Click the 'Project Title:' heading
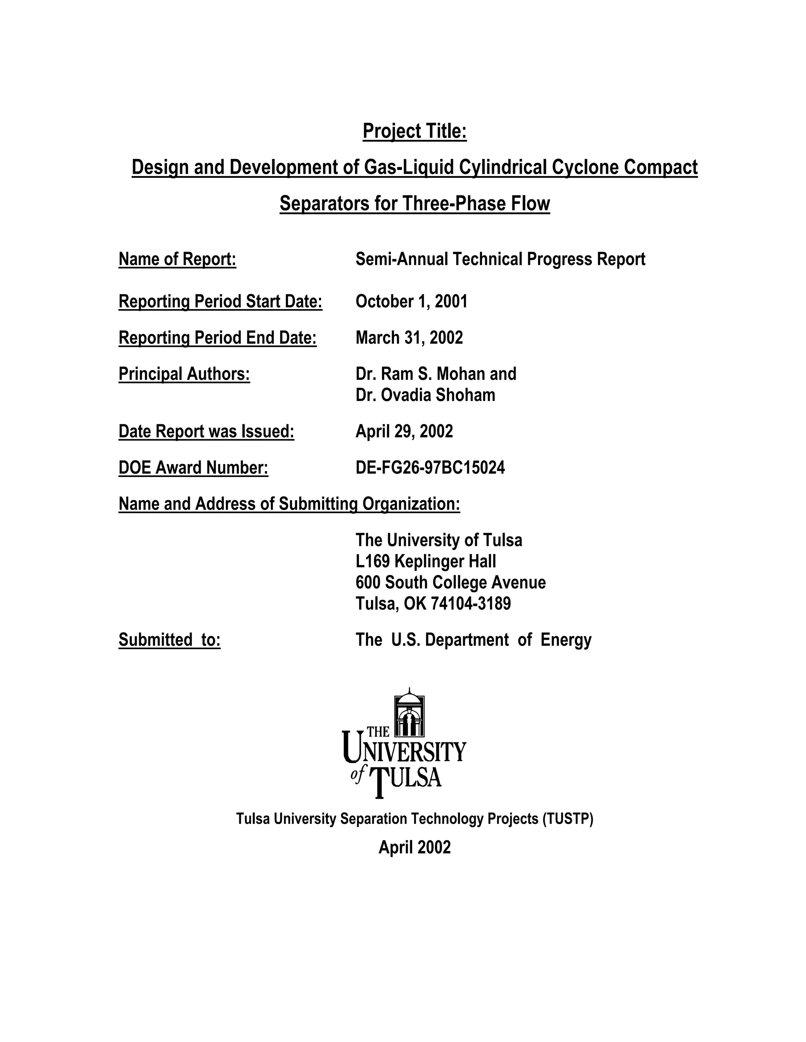tap(414, 131)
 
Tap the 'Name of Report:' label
tap(177, 259)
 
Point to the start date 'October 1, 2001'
tap(411, 302)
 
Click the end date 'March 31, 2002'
tap(409, 338)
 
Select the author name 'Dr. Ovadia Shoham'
tap(425, 395)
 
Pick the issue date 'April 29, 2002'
tap(404, 431)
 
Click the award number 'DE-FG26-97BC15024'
tap(430, 468)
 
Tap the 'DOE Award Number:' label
tap(193, 468)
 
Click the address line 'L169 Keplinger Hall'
tap(425, 561)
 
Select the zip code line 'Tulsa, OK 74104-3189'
tap(433, 604)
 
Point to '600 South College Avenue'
tap(450, 583)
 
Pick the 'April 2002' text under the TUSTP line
tap(414, 847)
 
